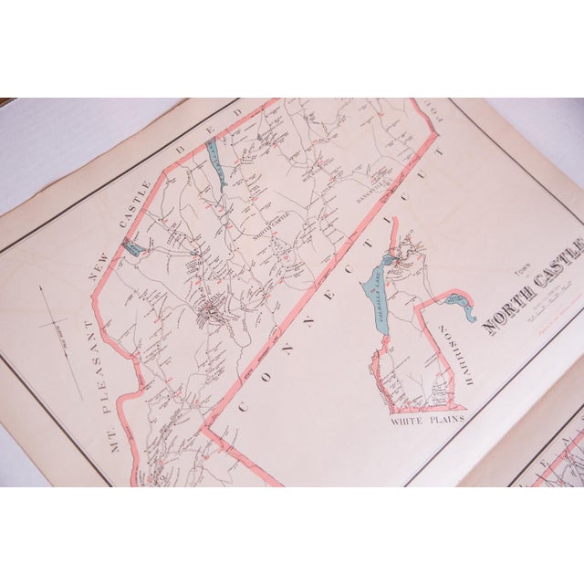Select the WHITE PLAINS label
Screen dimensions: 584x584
[427, 419]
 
